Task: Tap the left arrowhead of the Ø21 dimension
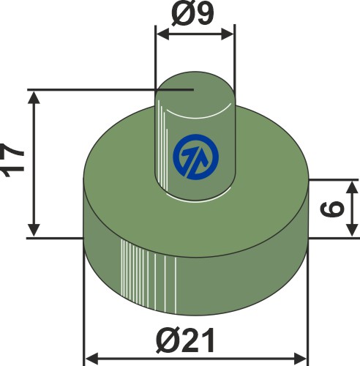(90, 359)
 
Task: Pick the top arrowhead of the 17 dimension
(33, 97)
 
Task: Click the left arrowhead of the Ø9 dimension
(160, 31)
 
